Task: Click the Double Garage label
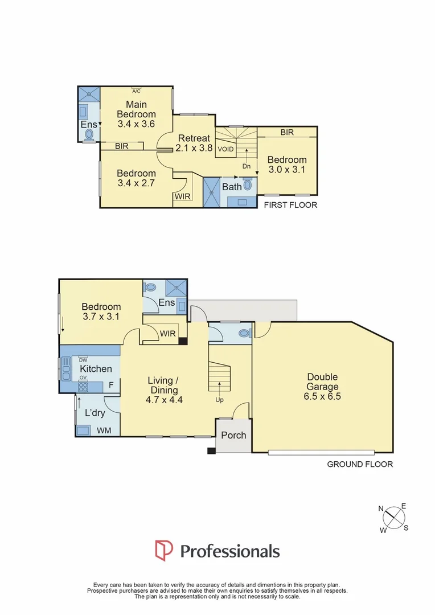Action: [323, 387]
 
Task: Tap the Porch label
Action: [233, 435]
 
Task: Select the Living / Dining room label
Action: [163, 386]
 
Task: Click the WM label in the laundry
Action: [104, 430]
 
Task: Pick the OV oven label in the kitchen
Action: [83, 378]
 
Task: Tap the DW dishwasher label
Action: [83, 360]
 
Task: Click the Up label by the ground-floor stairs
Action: [219, 400]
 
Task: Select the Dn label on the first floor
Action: [247, 166]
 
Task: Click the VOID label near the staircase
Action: [225, 149]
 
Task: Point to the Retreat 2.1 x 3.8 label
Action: [194, 143]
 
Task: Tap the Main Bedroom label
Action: [136, 114]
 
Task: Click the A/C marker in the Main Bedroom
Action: [137, 91]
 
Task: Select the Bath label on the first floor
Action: [232, 186]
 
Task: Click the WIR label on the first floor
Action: [182, 197]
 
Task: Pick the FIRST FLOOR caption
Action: [290, 205]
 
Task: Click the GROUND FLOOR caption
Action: [359, 464]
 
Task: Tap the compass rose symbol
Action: [393, 518]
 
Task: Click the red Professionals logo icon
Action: [164, 551]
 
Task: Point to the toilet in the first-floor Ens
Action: [89, 134]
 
